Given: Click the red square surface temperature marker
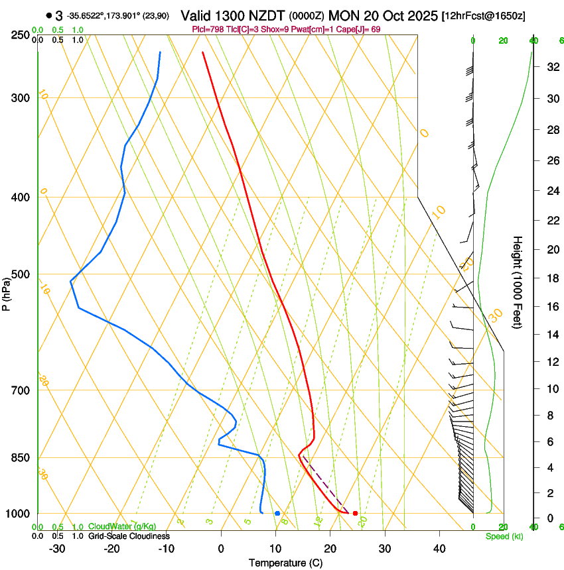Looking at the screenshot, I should point(356,514).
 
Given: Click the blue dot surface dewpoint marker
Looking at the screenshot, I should point(277,514).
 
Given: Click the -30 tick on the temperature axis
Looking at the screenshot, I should point(57,549).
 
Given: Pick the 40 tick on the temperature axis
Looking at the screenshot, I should point(439,549).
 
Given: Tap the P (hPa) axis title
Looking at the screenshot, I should point(6,292).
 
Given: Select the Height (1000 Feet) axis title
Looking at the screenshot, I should point(518,282).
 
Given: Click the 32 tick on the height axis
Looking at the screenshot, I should point(551,67).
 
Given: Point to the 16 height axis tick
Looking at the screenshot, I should point(551,307).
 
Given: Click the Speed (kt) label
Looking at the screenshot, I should point(504,536).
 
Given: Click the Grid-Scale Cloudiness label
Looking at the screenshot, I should point(129,536).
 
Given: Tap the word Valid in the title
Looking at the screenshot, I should point(198,15).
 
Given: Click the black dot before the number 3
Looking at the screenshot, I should point(50,15).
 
